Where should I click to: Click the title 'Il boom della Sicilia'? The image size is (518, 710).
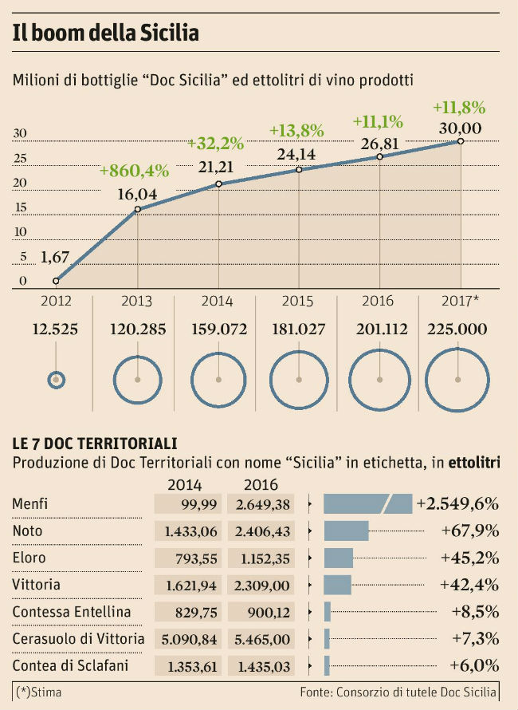106,34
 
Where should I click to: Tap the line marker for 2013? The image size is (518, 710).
138,209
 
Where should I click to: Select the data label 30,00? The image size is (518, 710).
460,128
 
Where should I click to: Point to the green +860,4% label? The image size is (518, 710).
135,171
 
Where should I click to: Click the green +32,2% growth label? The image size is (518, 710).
216,144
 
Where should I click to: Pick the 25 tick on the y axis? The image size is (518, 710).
21,159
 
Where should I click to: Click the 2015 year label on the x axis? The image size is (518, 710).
298,301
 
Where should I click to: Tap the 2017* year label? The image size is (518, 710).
460,301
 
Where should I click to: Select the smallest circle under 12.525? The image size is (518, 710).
56,381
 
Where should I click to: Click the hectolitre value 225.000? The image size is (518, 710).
459,329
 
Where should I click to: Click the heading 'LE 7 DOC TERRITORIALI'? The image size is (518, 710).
95,443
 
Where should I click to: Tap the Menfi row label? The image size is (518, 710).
30,504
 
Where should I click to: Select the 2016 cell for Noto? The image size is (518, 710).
260,531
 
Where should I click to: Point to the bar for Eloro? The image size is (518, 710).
338,558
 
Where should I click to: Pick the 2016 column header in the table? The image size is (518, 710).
260,484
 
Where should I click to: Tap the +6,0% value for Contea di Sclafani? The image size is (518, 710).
475,666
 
